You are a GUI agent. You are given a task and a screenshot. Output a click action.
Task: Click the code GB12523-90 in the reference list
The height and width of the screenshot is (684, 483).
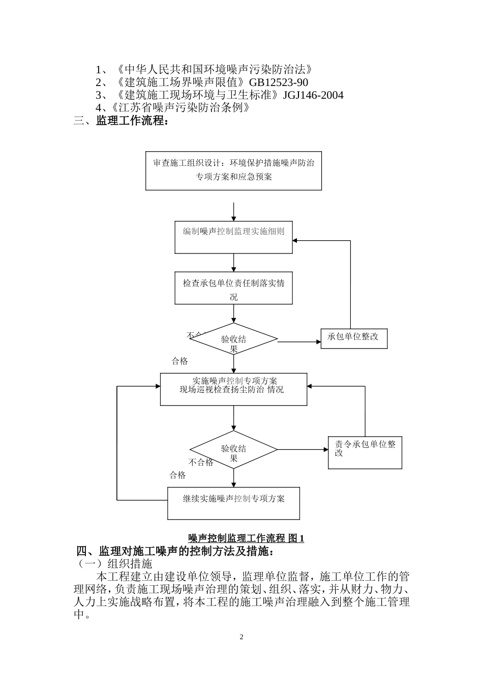(x=279, y=82)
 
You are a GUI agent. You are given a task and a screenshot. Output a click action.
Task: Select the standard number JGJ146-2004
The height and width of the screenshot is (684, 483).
(x=313, y=95)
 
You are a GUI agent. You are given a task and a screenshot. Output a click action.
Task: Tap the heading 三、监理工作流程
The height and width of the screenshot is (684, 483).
(x=121, y=121)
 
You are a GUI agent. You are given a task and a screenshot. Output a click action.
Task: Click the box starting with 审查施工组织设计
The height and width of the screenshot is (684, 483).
(x=233, y=170)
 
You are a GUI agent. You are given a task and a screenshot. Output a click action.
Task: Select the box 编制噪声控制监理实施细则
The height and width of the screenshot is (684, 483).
(x=233, y=237)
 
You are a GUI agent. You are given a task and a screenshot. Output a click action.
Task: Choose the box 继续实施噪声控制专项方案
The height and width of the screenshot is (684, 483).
(x=233, y=503)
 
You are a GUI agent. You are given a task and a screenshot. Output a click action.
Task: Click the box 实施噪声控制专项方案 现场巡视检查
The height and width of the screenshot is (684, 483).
(x=233, y=389)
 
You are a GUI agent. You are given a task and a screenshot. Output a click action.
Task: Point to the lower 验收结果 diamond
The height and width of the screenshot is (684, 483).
(x=233, y=449)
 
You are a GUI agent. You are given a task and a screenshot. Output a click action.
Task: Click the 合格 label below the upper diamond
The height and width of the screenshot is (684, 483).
(x=179, y=361)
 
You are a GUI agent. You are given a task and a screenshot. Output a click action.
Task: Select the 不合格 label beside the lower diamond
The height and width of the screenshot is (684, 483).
(x=201, y=463)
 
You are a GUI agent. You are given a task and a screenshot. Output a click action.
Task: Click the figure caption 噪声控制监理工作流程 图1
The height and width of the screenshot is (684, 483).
(x=246, y=538)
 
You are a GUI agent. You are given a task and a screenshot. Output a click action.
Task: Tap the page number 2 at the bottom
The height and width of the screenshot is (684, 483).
(x=242, y=637)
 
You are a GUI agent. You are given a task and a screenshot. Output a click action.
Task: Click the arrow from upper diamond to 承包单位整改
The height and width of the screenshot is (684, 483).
(x=299, y=342)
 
